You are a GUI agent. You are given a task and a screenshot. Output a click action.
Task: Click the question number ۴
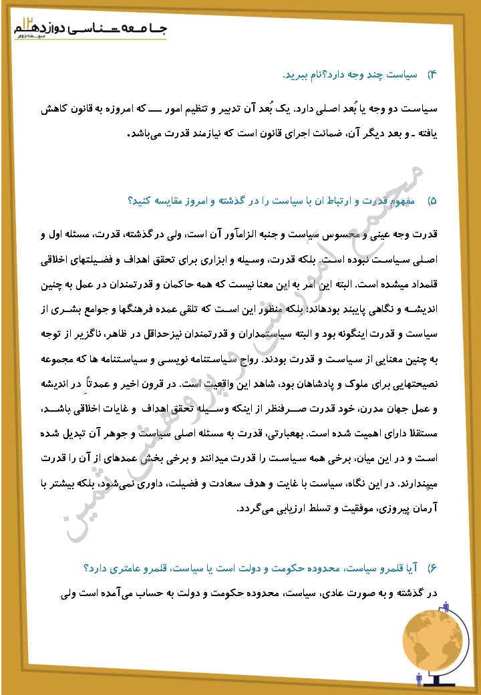coord(432,75)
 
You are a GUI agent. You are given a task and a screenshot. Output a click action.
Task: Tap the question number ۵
coord(432,200)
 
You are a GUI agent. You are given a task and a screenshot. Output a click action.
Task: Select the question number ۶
coord(432,568)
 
